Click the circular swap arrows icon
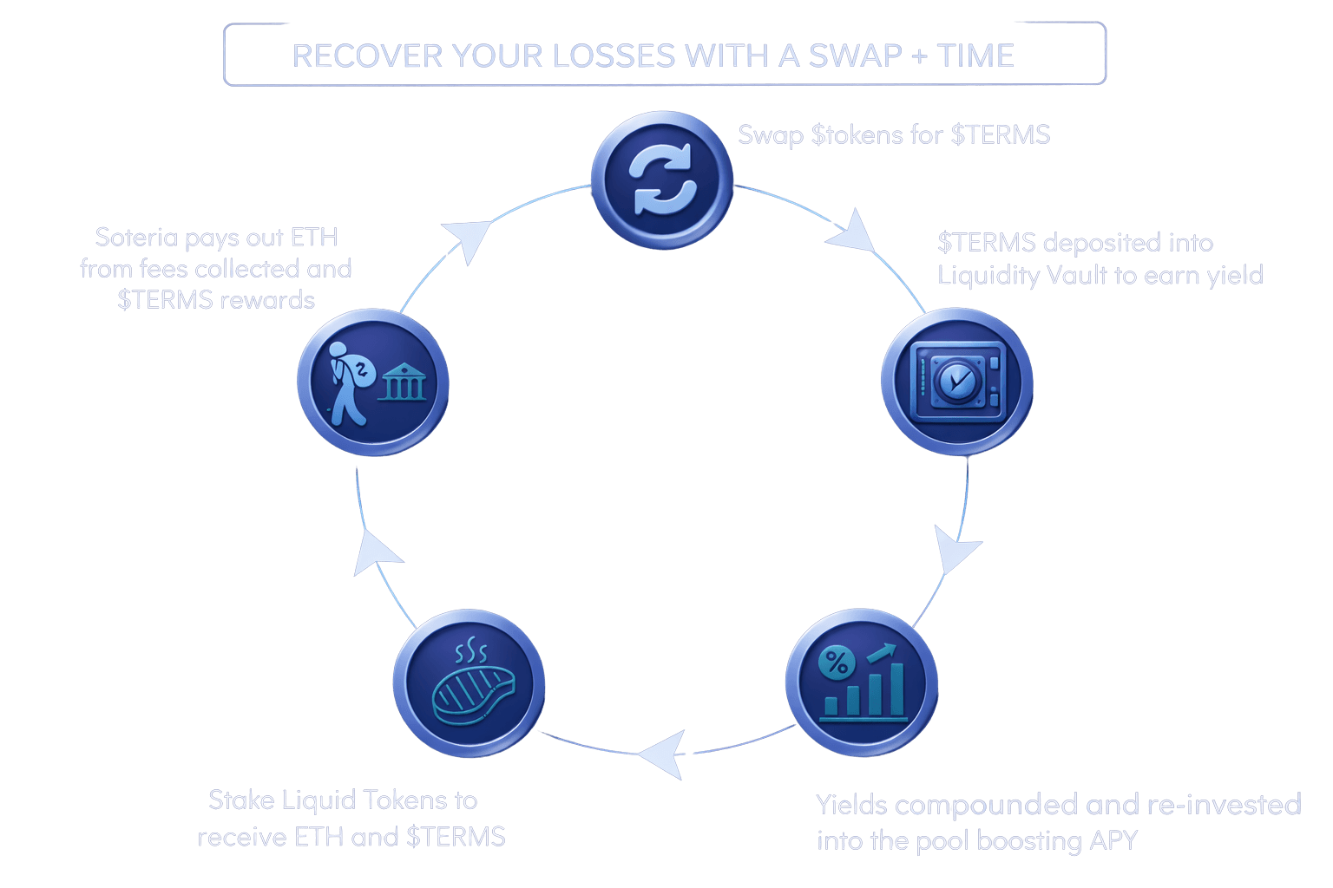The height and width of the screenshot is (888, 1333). [x=663, y=180]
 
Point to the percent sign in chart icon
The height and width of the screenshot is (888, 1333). [x=836, y=663]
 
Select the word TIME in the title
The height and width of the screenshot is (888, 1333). [x=975, y=55]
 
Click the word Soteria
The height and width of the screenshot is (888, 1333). [x=136, y=237]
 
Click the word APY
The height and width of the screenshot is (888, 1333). [x=1113, y=840]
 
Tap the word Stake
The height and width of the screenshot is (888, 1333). [x=242, y=800]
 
